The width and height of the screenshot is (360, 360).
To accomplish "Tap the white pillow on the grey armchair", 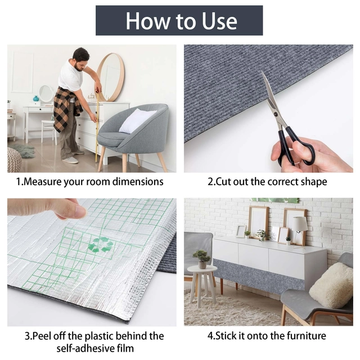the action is tap(137, 121).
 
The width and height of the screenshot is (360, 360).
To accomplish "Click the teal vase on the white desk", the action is tap(36, 98).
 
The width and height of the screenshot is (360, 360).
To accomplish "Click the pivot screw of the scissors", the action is tap(275, 114).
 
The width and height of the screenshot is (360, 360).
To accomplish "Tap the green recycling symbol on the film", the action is tap(101, 244).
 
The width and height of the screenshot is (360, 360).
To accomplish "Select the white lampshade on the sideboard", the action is tap(299, 224).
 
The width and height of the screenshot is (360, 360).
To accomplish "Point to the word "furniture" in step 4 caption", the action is tap(306, 336).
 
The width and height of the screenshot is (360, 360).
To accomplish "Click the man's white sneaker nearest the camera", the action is tap(70, 160).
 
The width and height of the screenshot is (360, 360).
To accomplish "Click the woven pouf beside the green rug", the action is tap(13, 160).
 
